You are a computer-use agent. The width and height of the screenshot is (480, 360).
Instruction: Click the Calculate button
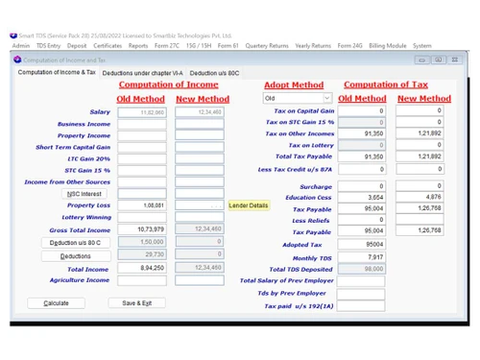[57, 303]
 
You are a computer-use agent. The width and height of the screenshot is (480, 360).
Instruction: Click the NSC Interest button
[84, 194]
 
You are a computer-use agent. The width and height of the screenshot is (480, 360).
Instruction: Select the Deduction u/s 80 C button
[76, 243]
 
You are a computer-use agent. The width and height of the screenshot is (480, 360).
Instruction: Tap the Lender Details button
[249, 205]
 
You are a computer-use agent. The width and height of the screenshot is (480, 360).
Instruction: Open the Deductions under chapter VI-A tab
[142, 73]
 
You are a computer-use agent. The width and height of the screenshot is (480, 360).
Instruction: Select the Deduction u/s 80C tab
[214, 73]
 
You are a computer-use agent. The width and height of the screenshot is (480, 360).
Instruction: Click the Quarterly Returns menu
[267, 45]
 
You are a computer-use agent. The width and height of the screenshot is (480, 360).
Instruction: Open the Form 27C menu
[168, 45]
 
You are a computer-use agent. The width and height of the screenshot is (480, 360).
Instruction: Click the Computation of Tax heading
[385, 84]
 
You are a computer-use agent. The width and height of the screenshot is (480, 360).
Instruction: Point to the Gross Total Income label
[80, 230]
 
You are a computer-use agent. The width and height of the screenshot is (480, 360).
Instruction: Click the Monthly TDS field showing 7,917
[360, 257]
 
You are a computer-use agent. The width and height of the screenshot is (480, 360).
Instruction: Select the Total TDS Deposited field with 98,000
[360, 270]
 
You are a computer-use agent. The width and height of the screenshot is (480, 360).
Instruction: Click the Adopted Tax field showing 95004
[360, 245]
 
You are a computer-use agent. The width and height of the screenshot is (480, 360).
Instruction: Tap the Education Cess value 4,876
[420, 197]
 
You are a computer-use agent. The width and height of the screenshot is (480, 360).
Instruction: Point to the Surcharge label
[315, 186]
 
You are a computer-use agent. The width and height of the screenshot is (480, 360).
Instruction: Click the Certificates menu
[108, 45]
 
